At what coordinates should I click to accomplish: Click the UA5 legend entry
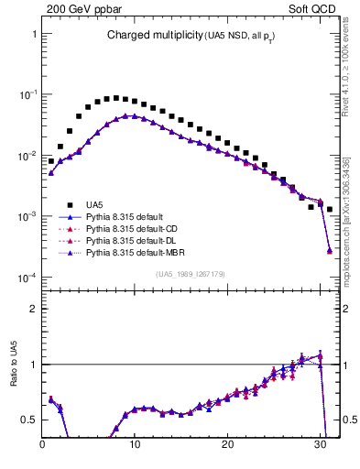point(94,204)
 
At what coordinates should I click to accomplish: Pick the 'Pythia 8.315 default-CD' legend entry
point(134,228)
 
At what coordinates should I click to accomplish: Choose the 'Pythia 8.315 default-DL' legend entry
point(134,240)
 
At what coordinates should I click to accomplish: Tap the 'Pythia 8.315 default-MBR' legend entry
point(136,252)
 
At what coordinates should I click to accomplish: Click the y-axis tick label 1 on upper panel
point(34,33)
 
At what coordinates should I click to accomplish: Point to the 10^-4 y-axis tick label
point(27,277)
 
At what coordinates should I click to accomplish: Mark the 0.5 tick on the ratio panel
point(29,420)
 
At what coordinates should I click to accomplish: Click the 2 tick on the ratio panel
point(34,309)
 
